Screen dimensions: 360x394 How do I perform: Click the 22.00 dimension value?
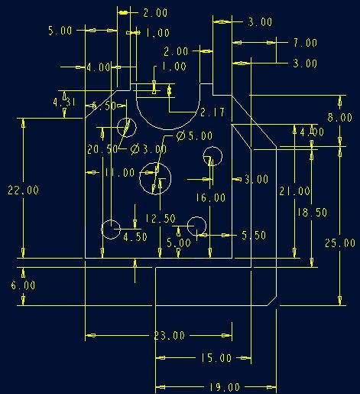23,190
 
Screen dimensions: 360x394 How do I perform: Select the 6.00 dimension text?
23,285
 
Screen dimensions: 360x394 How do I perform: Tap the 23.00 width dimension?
170,336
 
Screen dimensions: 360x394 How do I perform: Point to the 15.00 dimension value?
216,358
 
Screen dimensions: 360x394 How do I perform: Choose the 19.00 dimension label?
225,387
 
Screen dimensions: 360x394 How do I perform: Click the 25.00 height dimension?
340,243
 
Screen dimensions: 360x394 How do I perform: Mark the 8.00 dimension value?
340,118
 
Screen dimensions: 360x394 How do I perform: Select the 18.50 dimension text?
312,213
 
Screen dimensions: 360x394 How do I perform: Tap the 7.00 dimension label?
305,43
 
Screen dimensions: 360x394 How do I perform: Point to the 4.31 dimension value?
64,103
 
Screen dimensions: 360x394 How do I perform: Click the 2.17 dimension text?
212,112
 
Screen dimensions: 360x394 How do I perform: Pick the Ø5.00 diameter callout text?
194,135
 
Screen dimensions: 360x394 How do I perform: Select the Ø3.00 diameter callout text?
148,149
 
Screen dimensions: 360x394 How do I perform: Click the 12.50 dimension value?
161,219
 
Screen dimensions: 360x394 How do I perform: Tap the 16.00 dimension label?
210,197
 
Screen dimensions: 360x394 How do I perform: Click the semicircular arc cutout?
168,129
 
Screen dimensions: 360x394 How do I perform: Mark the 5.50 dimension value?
254,236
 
